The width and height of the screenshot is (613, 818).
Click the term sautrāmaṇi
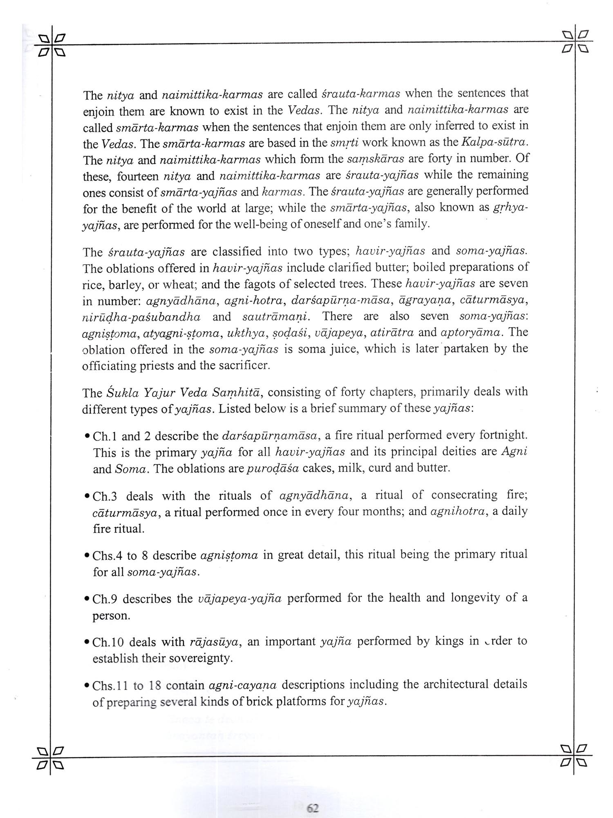pyautogui.click(x=276, y=317)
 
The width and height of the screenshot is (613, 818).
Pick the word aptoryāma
pyautogui.click(x=476, y=333)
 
